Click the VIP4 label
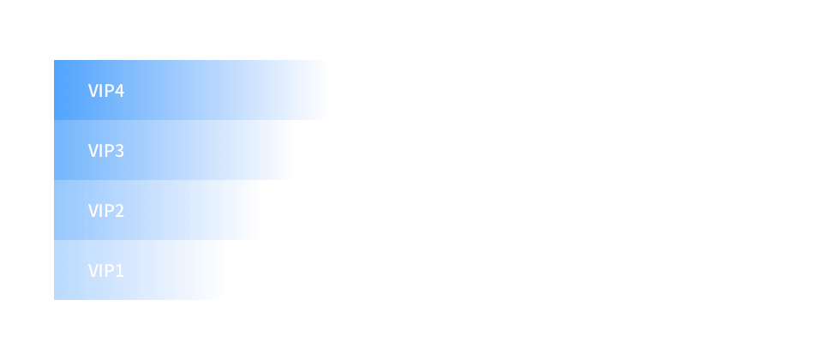(106, 91)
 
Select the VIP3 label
(106, 151)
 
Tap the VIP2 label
(106, 211)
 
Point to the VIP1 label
(106, 271)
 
